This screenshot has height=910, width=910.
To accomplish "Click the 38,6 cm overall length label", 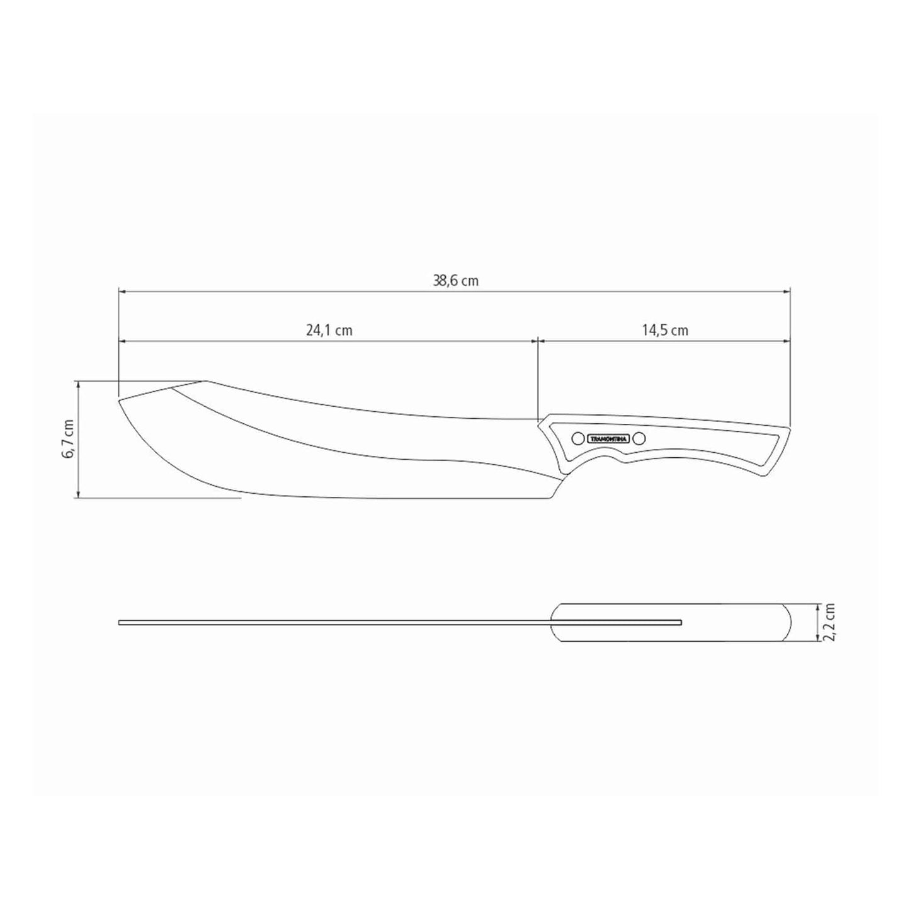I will (x=455, y=281).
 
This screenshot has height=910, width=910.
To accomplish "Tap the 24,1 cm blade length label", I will (x=329, y=330).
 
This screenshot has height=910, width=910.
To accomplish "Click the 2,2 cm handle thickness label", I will (x=829, y=622).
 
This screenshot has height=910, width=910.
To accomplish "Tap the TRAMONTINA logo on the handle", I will (x=608, y=439).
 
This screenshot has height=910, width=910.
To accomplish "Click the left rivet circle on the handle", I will (x=577, y=438).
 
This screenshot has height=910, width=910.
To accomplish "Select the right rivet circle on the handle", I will (x=639, y=438).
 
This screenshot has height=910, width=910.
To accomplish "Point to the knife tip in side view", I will (x=119, y=399).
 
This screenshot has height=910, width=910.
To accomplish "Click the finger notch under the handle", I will (x=605, y=460).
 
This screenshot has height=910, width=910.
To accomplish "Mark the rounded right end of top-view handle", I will (x=790, y=622).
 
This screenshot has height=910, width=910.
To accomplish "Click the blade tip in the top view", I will (x=120, y=622).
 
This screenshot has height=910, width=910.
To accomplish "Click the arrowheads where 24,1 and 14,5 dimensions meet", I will (x=537, y=341).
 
